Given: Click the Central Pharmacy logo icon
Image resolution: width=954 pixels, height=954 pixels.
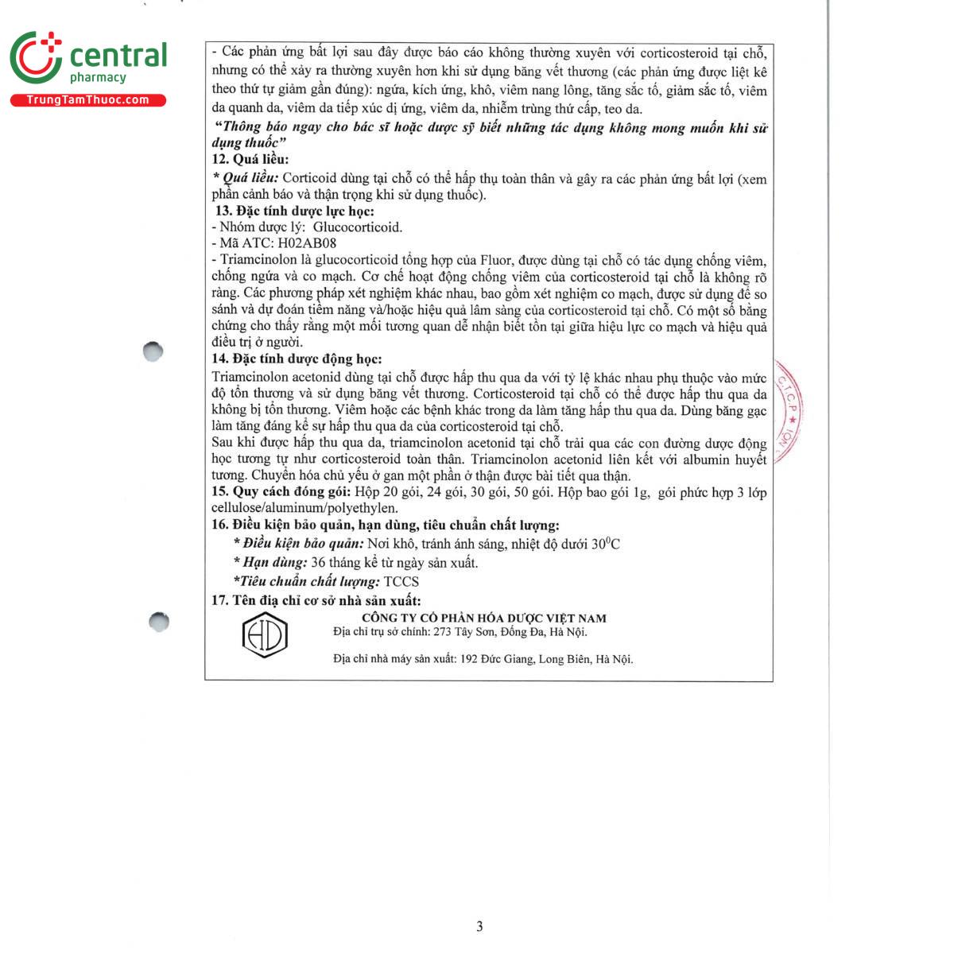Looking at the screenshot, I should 36,57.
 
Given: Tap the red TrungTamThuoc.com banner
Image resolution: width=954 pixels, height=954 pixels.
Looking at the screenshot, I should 87,100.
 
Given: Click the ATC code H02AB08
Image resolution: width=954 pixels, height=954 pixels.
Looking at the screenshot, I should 307,243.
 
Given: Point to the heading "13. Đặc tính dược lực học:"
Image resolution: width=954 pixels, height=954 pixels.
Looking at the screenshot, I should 294,211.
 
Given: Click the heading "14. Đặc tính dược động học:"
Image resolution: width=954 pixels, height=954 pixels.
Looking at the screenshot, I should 297,359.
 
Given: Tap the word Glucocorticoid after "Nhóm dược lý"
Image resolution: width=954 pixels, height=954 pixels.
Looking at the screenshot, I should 358,227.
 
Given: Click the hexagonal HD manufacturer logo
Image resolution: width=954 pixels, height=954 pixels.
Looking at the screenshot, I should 264,635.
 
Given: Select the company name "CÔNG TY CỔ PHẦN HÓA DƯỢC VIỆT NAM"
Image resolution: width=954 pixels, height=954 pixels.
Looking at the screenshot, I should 483,618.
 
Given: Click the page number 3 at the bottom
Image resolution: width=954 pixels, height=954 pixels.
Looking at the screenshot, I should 479,926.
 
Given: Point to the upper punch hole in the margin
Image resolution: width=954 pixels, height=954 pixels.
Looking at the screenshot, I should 153,351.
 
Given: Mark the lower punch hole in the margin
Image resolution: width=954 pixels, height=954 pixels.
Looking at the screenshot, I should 159,621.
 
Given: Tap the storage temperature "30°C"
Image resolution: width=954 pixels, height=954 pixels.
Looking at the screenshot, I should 605,544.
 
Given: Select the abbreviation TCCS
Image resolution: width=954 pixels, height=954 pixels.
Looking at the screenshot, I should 401,582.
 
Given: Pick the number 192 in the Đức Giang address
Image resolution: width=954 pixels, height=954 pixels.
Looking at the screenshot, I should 469,659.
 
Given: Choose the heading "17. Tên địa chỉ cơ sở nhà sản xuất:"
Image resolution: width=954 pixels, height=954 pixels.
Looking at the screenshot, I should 316,600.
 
